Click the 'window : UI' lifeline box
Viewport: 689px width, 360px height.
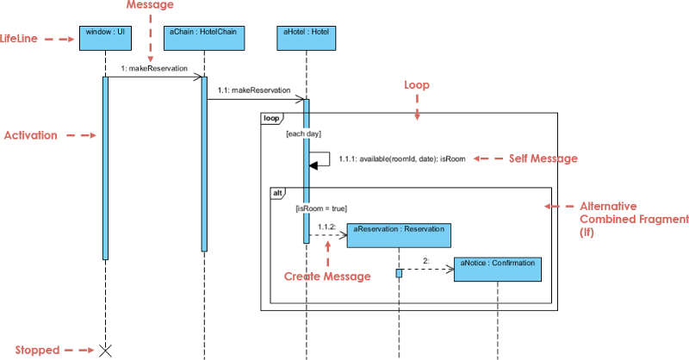coord(105,37)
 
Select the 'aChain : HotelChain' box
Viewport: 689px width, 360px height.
coord(204,37)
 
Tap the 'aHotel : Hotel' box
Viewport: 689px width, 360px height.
coord(306,37)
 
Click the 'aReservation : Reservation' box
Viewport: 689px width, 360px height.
coord(399,235)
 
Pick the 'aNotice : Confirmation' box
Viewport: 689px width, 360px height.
coord(498,269)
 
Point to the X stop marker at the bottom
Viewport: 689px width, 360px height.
coord(105,350)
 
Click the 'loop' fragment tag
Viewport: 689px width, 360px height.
coord(271,118)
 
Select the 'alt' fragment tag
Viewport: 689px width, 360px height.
coord(279,194)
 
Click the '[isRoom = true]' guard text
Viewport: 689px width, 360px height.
coord(320,208)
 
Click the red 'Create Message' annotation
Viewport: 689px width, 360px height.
coord(327,276)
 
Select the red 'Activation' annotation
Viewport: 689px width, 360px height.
coord(31,135)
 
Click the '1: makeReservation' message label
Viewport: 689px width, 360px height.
coord(154,68)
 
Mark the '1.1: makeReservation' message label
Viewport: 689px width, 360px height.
coord(256,90)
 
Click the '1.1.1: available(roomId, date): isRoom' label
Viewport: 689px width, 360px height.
coord(402,158)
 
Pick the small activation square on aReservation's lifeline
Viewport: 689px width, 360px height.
coord(400,273)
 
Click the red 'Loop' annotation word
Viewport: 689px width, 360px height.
coord(417,85)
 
